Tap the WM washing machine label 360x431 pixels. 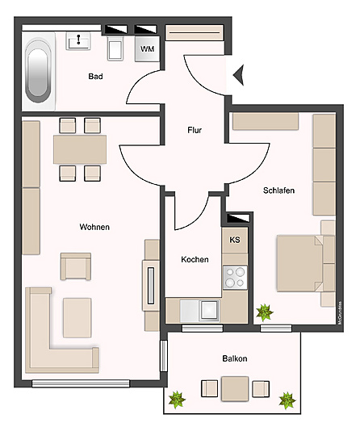(147, 49)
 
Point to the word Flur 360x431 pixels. (195, 130)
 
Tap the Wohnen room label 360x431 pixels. (94, 227)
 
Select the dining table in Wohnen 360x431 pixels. (80, 149)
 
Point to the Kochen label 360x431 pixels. (195, 260)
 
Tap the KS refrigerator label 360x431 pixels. (235, 240)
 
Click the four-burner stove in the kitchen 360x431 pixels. (235, 278)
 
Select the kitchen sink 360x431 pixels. (209, 309)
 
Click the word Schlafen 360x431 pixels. (278, 190)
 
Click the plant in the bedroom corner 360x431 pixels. (264, 312)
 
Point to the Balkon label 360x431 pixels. (234, 358)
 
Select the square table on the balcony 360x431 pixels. (236, 389)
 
